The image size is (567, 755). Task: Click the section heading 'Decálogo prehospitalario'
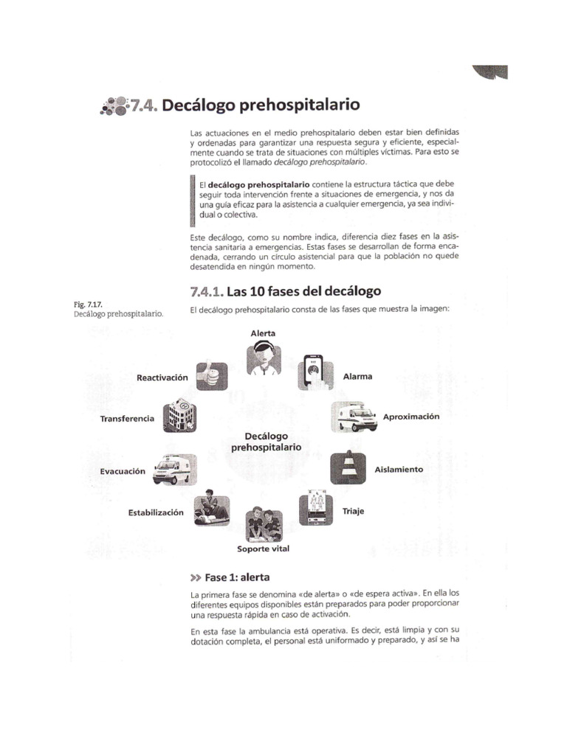pos(261,105)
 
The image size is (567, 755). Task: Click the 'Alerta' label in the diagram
pos(263,333)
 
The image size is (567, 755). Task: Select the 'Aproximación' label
pos(410,417)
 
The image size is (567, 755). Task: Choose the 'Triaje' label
pos(354,509)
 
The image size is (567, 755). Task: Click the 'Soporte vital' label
pos(264,549)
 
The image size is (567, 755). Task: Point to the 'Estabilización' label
pos(155,512)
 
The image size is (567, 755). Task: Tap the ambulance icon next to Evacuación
pos(172,470)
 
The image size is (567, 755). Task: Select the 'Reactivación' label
pos(162,377)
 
